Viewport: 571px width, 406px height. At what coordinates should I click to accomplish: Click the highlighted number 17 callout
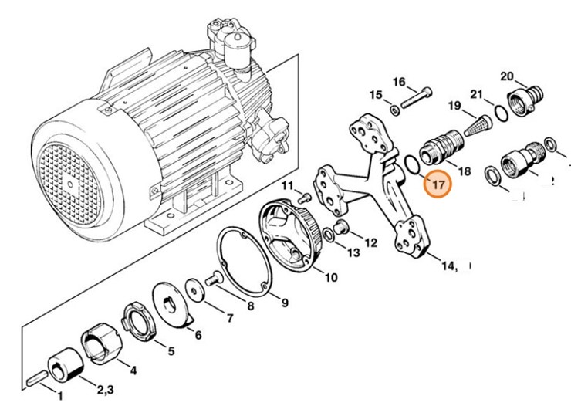click(438, 184)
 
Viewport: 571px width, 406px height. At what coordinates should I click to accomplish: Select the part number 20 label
click(506, 76)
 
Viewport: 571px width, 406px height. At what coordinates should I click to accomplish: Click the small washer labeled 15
click(395, 110)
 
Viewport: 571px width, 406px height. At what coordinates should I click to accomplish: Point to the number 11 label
click(288, 186)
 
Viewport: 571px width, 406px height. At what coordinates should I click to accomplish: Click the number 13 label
click(353, 252)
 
